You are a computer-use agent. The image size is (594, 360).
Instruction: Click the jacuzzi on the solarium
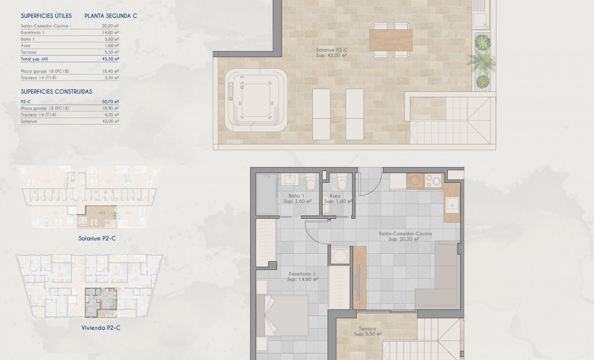(x=257, y=99)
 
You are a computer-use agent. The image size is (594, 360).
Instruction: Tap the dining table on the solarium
(x=391, y=40)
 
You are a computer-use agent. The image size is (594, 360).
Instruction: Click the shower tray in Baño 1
(x=266, y=194)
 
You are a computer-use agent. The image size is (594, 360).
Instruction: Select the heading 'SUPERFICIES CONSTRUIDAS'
(x=56, y=91)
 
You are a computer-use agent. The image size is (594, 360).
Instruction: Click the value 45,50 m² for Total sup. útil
(x=110, y=59)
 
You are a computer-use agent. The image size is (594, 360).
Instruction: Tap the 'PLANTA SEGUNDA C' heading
(x=111, y=16)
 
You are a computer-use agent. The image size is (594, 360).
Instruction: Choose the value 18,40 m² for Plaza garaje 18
(x=110, y=71)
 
